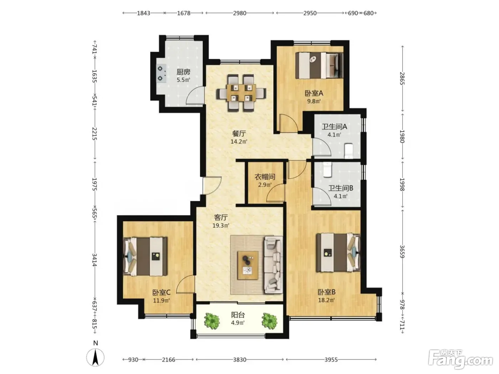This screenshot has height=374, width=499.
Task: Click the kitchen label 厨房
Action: pyautogui.click(x=183, y=72)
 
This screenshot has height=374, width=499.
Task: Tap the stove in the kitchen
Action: pyautogui.click(x=161, y=73)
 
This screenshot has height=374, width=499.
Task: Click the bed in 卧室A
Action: pyautogui.click(x=319, y=66)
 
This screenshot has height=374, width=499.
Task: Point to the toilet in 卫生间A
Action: pyautogui.click(x=348, y=151)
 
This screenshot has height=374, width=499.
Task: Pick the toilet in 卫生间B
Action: pyautogui.click(x=327, y=170)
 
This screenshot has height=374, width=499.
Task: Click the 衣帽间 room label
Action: pyautogui.click(x=264, y=177)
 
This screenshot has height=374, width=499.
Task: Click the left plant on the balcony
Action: pyautogui.click(x=212, y=321)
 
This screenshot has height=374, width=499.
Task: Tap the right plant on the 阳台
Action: pyautogui.click(x=269, y=321)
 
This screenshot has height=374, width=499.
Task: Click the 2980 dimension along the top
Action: pyautogui.click(x=240, y=13)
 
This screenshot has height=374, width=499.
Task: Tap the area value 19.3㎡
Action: pyautogui.click(x=221, y=225)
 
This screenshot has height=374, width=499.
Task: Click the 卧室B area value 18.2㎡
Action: pyautogui.click(x=326, y=300)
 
